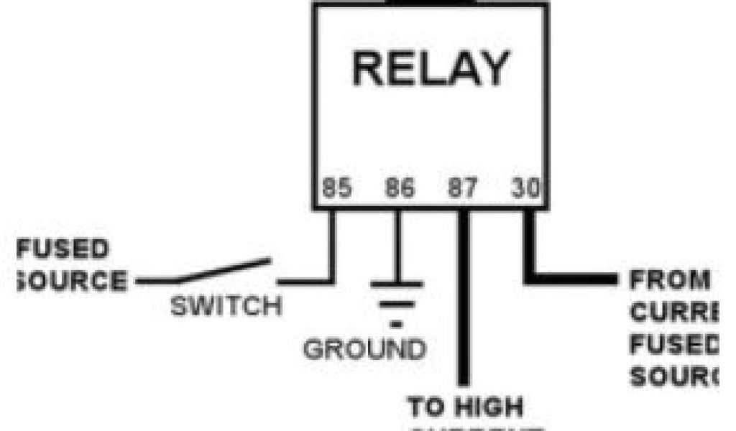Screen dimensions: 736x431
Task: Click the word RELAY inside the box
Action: (430, 70)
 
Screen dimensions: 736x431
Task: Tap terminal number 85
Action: (336, 188)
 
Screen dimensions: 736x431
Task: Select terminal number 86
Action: (400, 188)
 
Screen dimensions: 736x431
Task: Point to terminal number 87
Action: (462, 188)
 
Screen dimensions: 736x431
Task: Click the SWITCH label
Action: (226, 307)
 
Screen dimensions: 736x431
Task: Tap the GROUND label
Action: (364, 351)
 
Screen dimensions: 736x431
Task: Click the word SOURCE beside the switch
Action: (72, 279)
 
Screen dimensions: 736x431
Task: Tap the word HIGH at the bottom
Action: (489, 407)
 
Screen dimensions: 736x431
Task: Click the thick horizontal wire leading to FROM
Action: (575, 278)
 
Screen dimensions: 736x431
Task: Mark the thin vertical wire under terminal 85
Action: (333, 244)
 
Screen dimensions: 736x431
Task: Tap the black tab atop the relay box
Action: (431, 3)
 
